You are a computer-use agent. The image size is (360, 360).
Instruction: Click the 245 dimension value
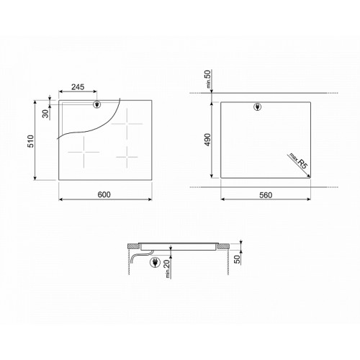click(78, 87)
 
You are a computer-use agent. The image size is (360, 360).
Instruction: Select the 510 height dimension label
click(31, 141)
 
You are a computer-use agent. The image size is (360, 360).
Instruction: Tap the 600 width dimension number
click(104, 194)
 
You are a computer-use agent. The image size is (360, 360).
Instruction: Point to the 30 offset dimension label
click(45, 114)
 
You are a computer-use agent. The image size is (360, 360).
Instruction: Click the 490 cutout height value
click(207, 140)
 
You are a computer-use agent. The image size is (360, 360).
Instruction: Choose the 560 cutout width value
click(266, 195)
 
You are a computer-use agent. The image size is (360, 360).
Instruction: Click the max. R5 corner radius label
click(298, 161)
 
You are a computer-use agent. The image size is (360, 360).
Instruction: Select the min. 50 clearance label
click(208, 79)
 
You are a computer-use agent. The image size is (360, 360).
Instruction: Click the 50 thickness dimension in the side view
click(237, 259)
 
